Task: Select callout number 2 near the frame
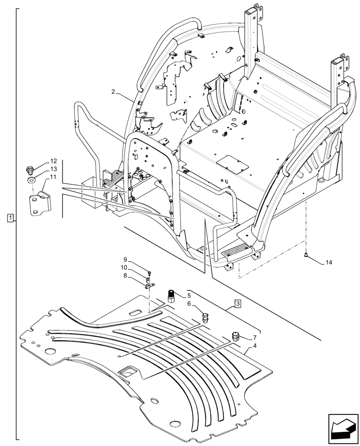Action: (x=113, y=92)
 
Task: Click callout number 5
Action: (x=189, y=295)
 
